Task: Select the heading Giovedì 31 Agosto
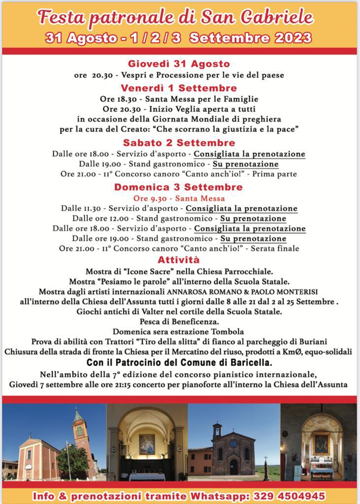point(179,63)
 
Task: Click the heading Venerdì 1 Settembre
point(179,88)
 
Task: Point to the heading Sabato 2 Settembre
point(179,143)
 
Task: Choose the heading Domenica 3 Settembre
point(178,187)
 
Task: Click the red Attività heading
point(179,259)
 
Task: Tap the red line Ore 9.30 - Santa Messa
point(179,198)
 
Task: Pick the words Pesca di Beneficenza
point(179,321)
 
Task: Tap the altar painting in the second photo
point(147,443)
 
